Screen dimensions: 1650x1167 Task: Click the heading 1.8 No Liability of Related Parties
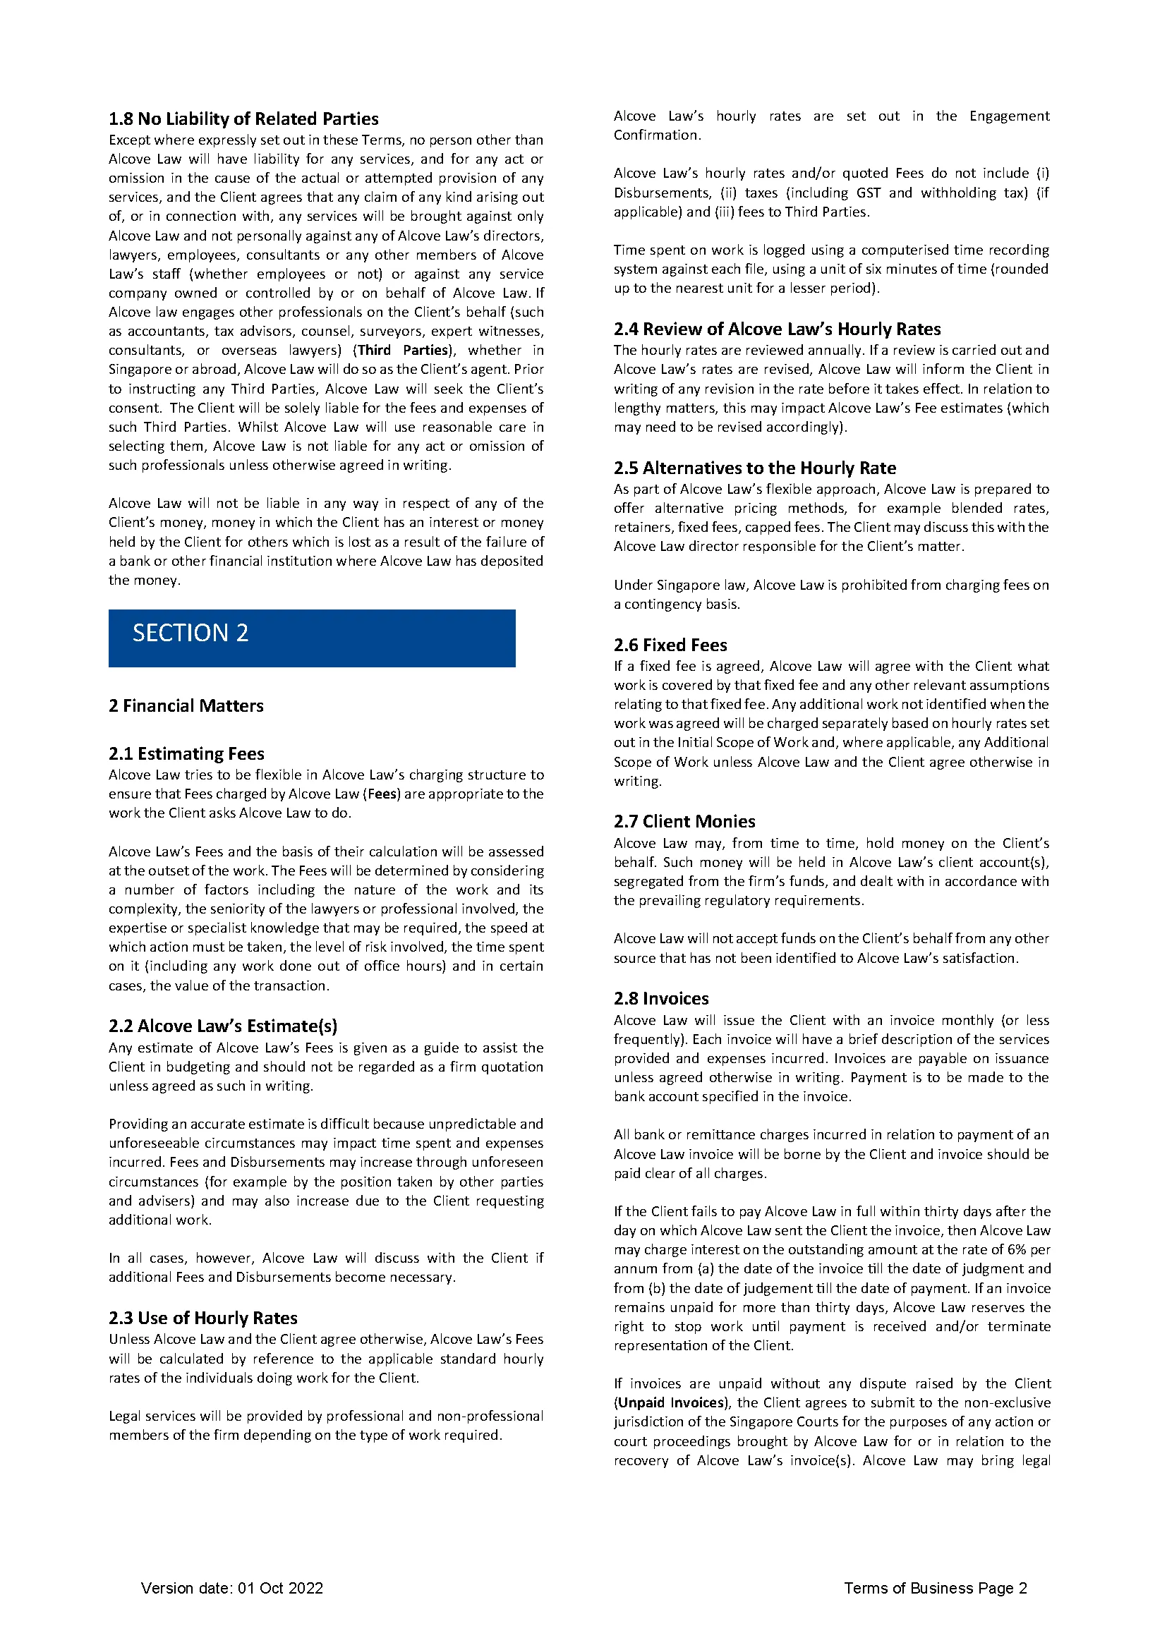243,119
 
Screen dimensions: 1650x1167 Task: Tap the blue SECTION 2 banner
312,638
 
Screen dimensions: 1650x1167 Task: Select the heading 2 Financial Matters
186,705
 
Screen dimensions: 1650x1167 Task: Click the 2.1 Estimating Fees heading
186,753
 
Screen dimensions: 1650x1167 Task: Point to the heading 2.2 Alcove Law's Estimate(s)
223,1026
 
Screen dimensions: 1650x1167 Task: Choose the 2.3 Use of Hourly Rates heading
202,1317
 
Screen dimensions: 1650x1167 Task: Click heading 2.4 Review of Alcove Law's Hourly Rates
777,329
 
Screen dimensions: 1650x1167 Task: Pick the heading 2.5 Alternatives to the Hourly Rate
754,468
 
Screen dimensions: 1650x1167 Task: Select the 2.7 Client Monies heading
684,821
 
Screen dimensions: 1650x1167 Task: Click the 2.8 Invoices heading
660,998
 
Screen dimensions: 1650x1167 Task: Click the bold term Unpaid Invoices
670,1403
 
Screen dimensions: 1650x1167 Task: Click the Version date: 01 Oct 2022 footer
232,1588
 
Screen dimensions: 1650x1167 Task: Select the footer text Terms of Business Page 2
935,1588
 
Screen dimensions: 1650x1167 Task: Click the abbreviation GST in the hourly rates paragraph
869,193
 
